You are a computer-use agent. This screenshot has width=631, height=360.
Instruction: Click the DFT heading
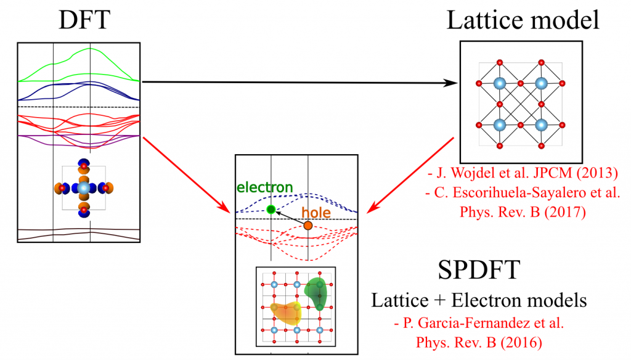pos(84,20)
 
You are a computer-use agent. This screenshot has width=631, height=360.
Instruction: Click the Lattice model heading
pos(523,20)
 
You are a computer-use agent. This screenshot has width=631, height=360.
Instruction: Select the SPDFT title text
pos(479,269)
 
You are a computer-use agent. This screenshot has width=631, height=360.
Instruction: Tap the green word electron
pos(264,187)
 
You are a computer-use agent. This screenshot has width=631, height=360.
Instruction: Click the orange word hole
pos(316,213)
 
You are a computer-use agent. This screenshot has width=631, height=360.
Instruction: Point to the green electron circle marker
pos(271,210)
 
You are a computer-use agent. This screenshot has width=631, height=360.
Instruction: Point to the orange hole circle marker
pos(308,226)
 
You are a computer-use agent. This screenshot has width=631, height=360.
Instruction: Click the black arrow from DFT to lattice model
pos(300,83)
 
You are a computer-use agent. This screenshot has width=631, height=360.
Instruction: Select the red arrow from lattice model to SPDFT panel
pos(410,175)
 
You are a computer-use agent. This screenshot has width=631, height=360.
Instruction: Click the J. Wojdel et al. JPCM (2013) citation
pos(523,173)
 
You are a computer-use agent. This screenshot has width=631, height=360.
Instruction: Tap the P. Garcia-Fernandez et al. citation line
pos(479,322)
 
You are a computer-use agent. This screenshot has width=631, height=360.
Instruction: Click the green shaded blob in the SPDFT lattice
pos(316,293)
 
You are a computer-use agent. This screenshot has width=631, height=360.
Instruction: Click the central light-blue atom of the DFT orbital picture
pos(84,187)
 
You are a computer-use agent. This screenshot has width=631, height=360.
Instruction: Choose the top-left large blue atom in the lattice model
pos(499,83)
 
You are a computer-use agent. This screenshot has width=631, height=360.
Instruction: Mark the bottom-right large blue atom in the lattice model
pos(541,125)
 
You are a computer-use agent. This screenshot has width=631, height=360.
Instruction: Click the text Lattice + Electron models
pos(479,300)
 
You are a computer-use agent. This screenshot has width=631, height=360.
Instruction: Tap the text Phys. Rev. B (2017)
pos(523,212)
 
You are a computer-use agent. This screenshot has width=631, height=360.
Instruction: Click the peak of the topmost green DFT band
pos(90,48)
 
